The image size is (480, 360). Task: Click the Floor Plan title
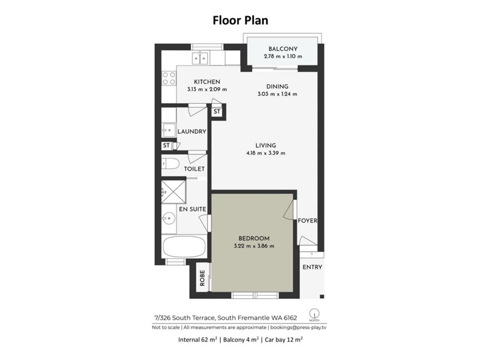coord(241,20)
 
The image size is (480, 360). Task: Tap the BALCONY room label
coord(283,49)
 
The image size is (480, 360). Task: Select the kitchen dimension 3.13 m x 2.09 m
coord(207,89)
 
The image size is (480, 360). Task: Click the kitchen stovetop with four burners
coord(169,78)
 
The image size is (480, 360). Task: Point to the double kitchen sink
coord(200,58)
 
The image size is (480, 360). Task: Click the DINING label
coord(277,86)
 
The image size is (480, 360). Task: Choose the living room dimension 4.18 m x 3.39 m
coord(265,153)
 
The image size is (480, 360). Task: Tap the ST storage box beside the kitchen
coord(217,112)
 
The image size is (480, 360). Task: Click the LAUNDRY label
coord(191,131)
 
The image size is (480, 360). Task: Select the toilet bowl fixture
coord(170,164)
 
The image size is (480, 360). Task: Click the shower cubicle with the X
coord(173,191)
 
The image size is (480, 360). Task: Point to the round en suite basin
coord(169,218)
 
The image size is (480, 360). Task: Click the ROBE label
coord(202,278)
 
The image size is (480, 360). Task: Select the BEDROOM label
coord(254,238)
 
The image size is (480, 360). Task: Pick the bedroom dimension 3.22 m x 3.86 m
coord(254,246)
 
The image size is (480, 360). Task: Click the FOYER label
coord(307,221)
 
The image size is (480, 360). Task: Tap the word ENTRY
coord(312,267)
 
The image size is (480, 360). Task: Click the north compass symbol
coord(314,314)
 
